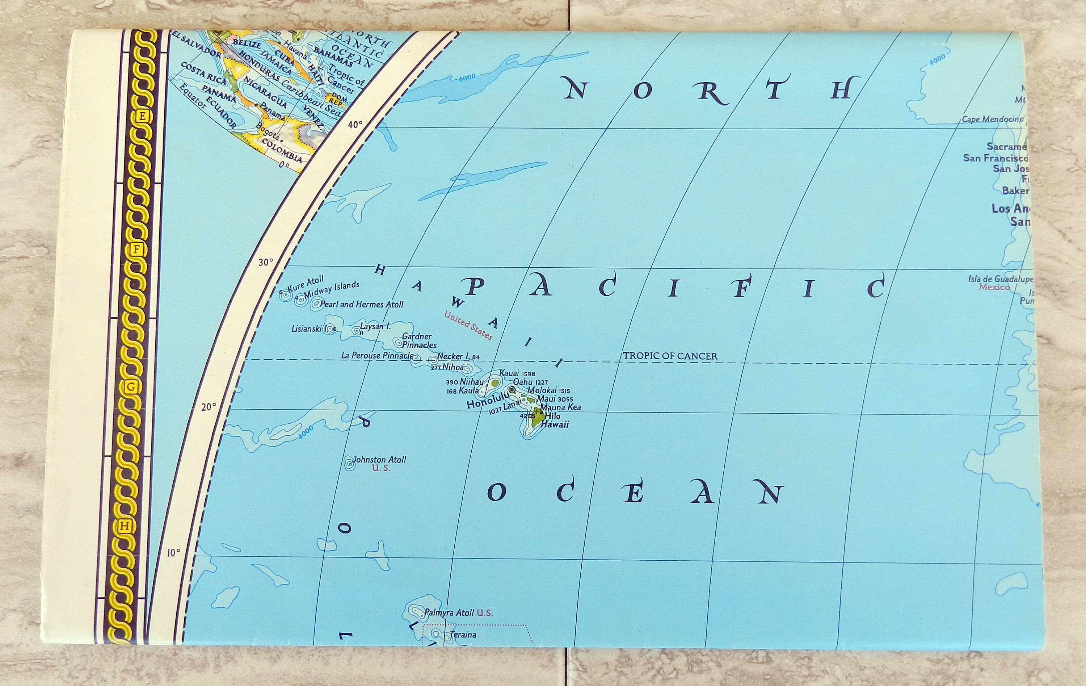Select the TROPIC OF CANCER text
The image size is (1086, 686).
[x=670, y=356]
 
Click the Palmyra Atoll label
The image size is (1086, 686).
[x=449, y=612]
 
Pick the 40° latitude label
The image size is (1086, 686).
[x=355, y=124]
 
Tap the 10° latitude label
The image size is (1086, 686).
[x=174, y=552]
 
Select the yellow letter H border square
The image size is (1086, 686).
[x=125, y=526]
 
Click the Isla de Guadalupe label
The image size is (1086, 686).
[x=1000, y=279]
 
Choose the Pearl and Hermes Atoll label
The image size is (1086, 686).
[x=361, y=304]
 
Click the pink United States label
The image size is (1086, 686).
[x=468, y=325]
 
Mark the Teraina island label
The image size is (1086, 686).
[x=463, y=635]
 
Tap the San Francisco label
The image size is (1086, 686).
[x=995, y=158]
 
